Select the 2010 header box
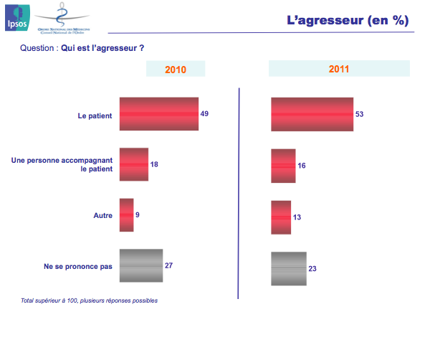176,69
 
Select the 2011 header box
339,69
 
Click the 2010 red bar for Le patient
158,114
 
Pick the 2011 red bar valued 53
312,114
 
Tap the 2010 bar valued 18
134,164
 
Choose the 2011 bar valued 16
284,165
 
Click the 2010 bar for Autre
127,215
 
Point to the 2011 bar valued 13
282,217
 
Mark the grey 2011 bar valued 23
290,269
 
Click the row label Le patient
94,115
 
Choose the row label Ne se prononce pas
78,266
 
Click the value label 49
205,114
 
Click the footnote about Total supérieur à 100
90,300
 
